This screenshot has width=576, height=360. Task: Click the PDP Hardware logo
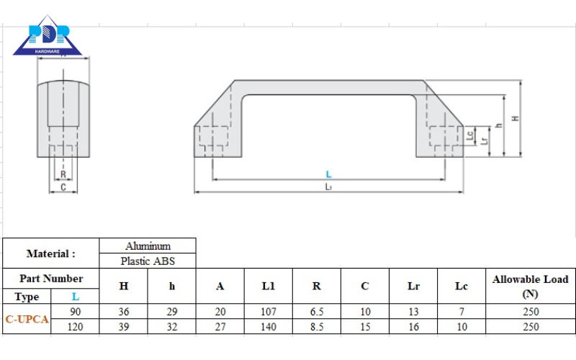48,35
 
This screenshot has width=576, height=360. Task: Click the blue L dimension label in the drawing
329,174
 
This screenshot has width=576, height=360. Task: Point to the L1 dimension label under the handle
328,187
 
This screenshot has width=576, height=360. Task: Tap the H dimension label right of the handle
516,118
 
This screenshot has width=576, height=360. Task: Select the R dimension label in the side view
63,174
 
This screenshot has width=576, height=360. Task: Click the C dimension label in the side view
63,187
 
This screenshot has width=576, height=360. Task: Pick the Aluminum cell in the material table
148,246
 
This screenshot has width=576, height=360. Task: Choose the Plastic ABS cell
148,261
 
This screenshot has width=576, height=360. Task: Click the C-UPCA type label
27,319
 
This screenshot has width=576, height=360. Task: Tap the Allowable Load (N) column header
531,286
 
